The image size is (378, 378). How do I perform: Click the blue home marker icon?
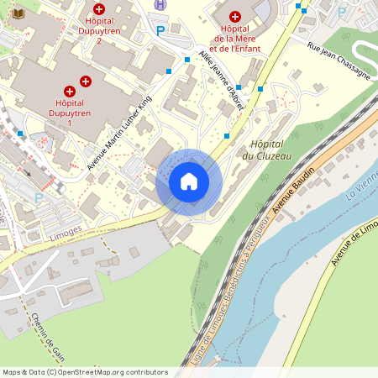point(189,181)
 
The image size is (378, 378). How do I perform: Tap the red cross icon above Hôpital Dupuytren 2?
point(99,8)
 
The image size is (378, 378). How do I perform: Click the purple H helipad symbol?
point(160,4)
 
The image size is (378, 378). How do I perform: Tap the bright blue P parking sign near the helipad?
point(160,31)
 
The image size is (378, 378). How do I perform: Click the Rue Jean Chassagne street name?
point(339,60)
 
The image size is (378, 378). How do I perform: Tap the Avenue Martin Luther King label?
point(119,133)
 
